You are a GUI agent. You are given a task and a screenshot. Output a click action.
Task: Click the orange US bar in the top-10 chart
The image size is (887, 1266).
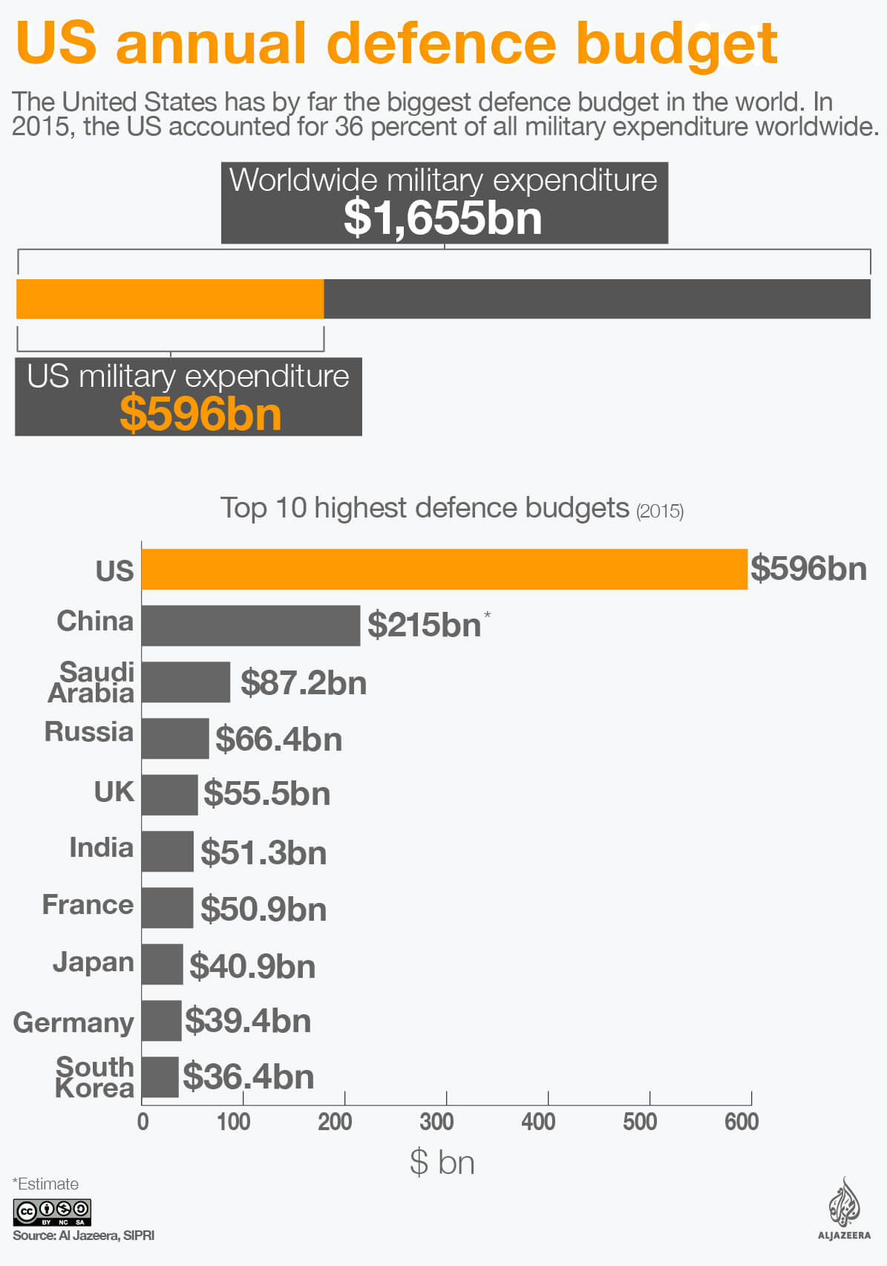pos(444,569)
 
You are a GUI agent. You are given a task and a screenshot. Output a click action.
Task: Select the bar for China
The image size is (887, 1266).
pos(250,625)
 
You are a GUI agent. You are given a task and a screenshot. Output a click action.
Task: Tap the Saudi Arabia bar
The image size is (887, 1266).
pos(186,682)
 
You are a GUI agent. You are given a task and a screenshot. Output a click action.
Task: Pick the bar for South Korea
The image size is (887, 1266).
pos(160,1077)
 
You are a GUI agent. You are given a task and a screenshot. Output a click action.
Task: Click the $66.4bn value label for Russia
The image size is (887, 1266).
pos(278,740)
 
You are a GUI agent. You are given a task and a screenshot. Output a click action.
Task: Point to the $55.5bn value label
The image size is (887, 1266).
pos(266,794)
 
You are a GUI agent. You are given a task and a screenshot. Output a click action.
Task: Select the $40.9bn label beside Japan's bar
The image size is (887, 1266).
pos(252,966)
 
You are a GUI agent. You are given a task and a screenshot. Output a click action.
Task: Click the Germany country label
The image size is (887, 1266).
pos(73,1022)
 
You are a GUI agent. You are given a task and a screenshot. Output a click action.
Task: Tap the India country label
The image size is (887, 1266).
pos(101,847)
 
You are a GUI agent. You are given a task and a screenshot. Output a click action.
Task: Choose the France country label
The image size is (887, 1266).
pos(88,904)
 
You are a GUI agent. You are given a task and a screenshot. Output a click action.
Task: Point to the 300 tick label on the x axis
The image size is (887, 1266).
pos(436,1121)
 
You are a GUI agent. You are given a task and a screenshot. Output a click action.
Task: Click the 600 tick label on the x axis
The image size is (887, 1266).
pos(742,1121)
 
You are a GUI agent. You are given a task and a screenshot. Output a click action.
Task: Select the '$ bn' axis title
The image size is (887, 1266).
pos(442,1162)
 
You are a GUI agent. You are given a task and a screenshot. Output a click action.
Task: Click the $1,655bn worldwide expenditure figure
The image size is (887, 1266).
pos(443,218)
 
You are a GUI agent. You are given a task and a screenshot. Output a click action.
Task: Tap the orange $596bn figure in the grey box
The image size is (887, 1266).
pos(200,414)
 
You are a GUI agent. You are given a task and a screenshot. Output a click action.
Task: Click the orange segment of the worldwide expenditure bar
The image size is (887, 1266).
pos(170,299)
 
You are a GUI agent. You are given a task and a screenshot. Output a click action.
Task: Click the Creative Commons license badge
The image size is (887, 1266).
pos(52,1212)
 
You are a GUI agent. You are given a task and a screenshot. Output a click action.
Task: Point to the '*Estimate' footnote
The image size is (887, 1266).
pos(45,1184)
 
